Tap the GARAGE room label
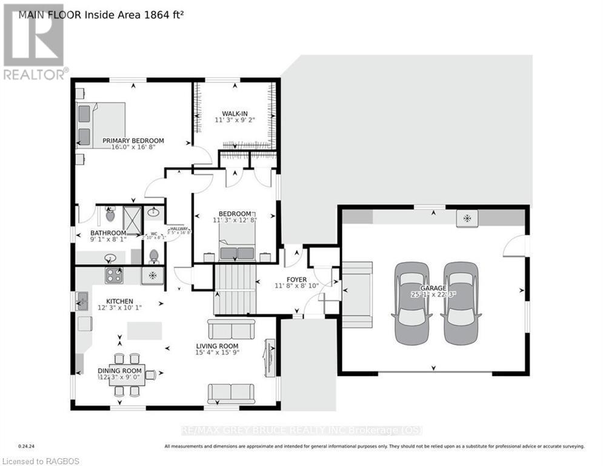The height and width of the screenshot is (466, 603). coord(435,289)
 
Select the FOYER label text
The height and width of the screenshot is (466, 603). coord(296,280)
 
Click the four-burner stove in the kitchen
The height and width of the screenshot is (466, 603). coord(115,275)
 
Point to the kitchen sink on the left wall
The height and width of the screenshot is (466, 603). coord(82,300)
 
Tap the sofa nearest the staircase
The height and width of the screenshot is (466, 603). coord(231,329)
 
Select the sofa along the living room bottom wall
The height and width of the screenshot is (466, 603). coord(231,393)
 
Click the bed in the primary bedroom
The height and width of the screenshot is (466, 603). coord(100,125)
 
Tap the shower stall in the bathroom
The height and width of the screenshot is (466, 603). coord(131,220)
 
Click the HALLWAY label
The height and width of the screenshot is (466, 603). coord(179,226)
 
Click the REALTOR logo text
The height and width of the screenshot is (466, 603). coord(35,75)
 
